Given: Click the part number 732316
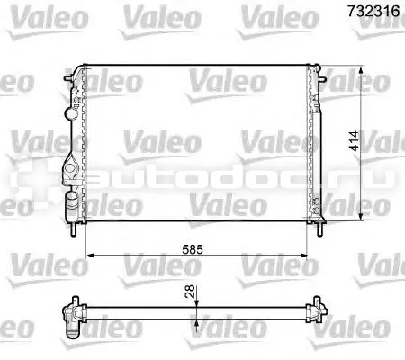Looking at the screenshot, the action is pos(373,11).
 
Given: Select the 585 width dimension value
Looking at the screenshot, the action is pos(193,249).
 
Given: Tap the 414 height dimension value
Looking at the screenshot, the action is pos(355,140).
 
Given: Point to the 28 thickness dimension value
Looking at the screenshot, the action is pos(190,292).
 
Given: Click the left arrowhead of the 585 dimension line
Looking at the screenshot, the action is pos(90,256).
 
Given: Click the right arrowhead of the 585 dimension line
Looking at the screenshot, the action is pos(303,256).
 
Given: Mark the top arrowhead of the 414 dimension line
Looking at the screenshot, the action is pos(362,71).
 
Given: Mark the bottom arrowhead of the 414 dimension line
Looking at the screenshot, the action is pos(362,217).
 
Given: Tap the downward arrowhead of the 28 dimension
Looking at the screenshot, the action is pos(196,303).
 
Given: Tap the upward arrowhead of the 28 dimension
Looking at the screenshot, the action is pos(196,323).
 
